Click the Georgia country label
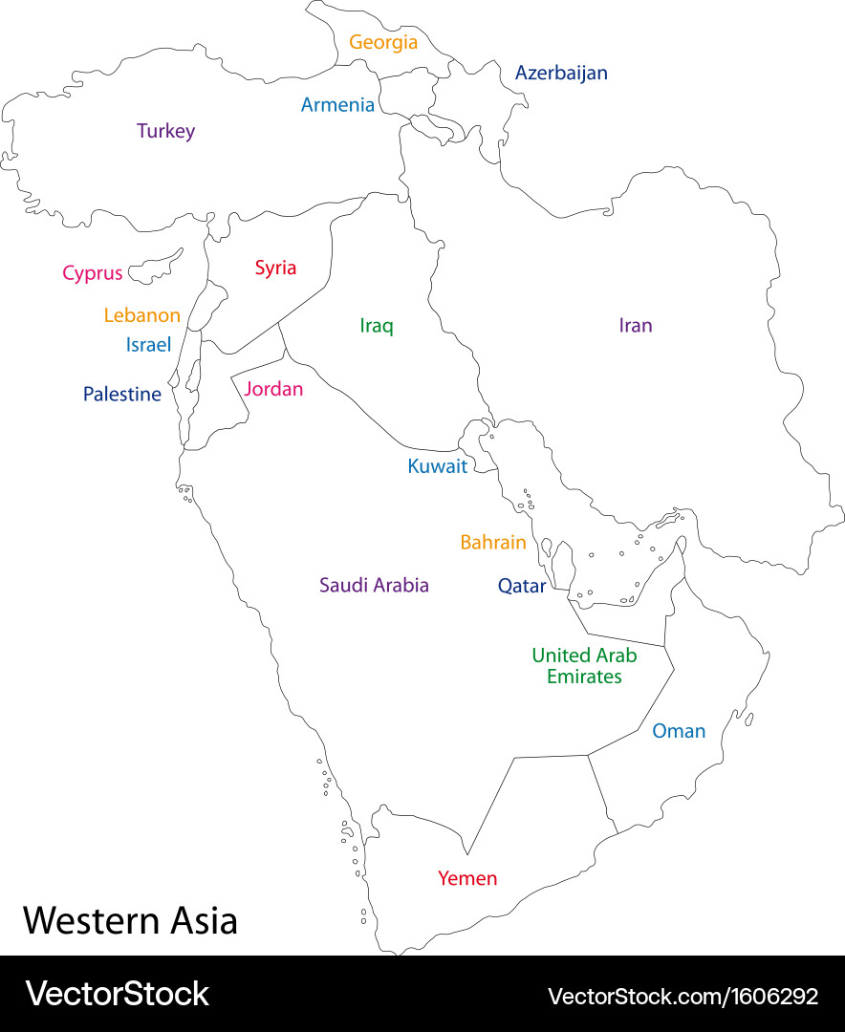383,42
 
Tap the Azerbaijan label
561,73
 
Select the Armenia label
337,105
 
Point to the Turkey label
165,131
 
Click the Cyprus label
93,273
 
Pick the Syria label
275,268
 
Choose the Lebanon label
141,315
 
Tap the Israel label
148,345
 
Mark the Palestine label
122,394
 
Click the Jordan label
273,389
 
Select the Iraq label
377,326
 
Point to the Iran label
636,326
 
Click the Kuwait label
438,466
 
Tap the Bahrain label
493,543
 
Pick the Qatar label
522,587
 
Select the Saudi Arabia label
374,585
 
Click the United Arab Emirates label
584,666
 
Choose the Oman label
679,731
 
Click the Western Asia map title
130,921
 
